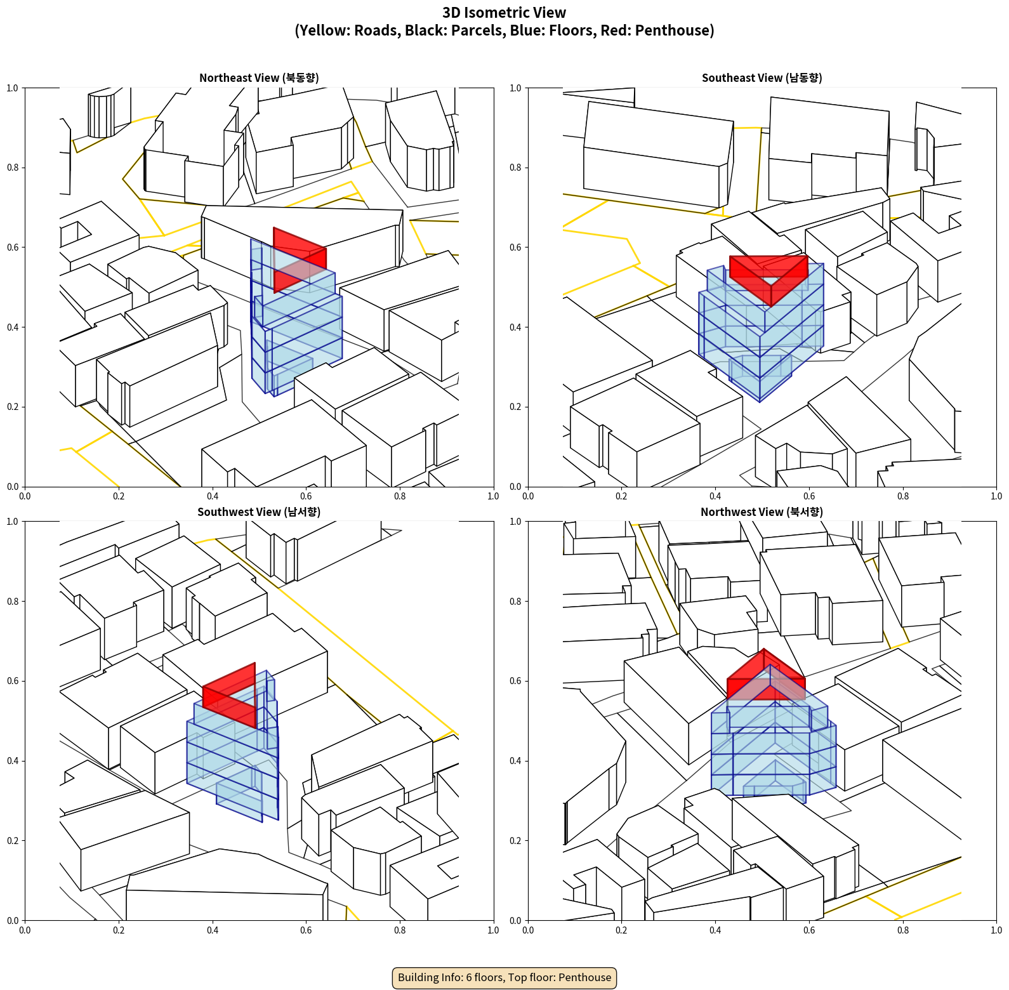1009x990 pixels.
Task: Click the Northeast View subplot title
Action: [x=259, y=78]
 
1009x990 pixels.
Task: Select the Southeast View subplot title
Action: [x=762, y=78]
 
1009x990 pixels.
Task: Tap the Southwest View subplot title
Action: [x=259, y=512]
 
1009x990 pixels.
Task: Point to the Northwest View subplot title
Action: [x=762, y=512]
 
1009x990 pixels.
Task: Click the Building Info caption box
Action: [x=504, y=977]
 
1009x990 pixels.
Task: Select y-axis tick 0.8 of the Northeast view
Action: [x=13, y=168]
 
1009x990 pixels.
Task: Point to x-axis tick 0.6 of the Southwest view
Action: [x=306, y=930]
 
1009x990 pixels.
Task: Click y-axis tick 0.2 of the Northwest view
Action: [x=515, y=841]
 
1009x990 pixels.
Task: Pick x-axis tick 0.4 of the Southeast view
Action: [x=715, y=496]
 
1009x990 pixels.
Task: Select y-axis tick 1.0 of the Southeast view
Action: [x=515, y=88]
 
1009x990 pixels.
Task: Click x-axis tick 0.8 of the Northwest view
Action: [x=902, y=930]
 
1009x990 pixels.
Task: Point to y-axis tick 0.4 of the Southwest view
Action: [x=13, y=761]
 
